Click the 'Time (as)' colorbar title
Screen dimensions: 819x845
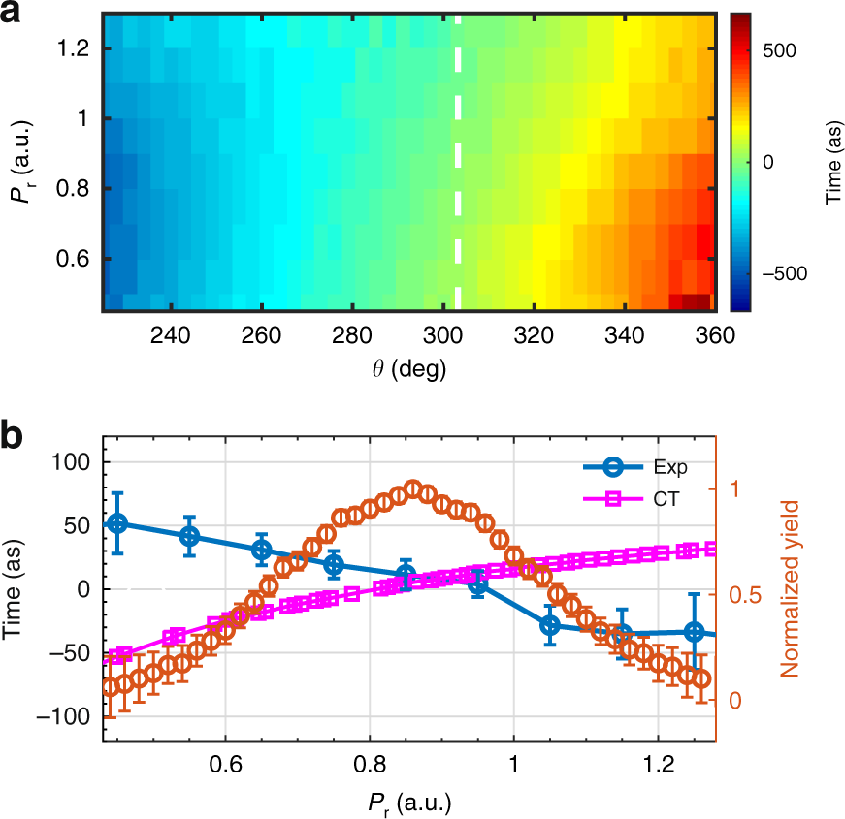[830, 163]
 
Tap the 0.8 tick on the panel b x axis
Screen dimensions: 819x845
[369, 763]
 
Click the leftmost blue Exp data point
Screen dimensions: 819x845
[117, 523]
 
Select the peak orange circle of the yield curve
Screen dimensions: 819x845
[413, 488]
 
